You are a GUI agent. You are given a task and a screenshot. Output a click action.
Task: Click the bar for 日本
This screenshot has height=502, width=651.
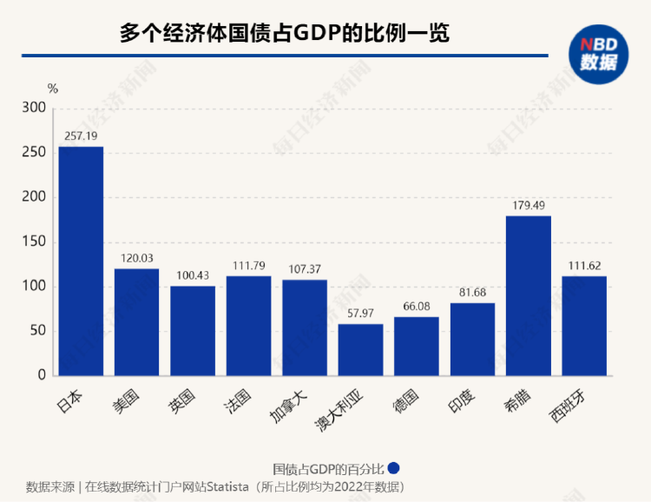(81, 261)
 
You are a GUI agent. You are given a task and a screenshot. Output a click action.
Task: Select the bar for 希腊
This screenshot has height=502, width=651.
(528, 295)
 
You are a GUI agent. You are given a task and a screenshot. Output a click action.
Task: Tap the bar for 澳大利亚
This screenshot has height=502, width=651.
(360, 350)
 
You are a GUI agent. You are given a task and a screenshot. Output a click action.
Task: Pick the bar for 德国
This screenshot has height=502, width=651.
(417, 346)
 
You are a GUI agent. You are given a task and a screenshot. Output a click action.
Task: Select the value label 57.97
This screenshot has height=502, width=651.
(360, 314)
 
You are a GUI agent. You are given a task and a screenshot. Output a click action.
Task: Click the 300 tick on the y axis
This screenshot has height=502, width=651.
(32, 108)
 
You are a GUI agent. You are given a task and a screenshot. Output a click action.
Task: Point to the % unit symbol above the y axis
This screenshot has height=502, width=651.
(52, 88)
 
